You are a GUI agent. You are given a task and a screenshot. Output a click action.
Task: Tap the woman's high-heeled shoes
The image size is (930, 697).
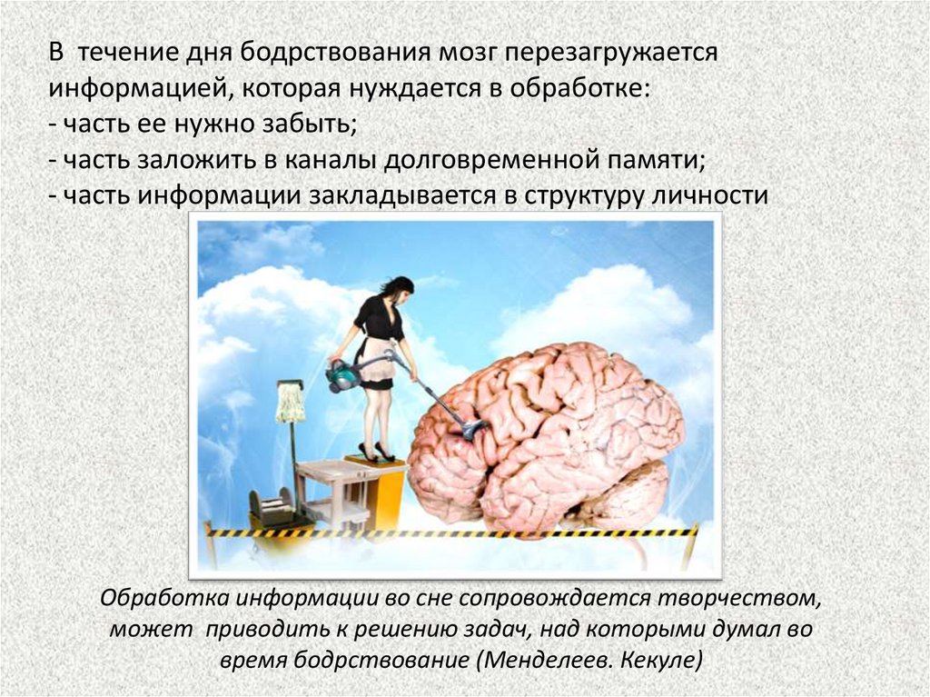pyautogui.click(x=374, y=451)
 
